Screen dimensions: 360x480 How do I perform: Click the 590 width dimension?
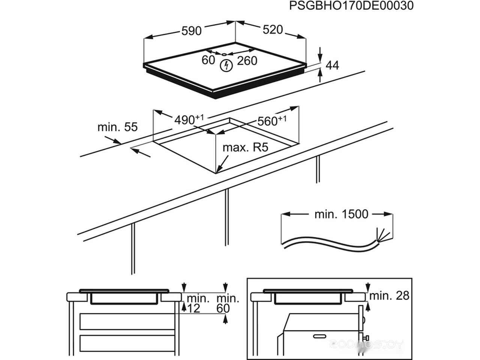pyautogui.click(x=192, y=31)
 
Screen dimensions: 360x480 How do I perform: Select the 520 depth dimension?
pyautogui.click(x=272, y=30)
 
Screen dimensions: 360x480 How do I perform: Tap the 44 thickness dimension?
pyautogui.click(x=332, y=65)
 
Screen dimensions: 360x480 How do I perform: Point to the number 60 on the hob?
pyautogui.click(x=208, y=60)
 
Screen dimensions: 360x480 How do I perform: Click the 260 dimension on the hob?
pyautogui.click(x=247, y=60)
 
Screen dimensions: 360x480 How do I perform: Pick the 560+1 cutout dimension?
pyautogui.click(x=272, y=120)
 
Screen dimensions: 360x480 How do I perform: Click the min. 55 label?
pyautogui.click(x=117, y=127)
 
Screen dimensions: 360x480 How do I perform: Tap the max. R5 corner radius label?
pyautogui.click(x=246, y=147)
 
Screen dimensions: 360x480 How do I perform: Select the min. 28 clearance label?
pyautogui.click(x=389, y=295)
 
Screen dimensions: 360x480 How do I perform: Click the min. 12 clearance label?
pyautogui.click(x=198, y=303)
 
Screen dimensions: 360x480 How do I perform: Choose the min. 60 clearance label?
pyautogui.click(x=228, y=303)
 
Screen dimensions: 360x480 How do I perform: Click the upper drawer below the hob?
pyautogui.click(x=127, y=322)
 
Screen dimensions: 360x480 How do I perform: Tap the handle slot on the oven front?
pyautogui.click(x=321, y=334)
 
